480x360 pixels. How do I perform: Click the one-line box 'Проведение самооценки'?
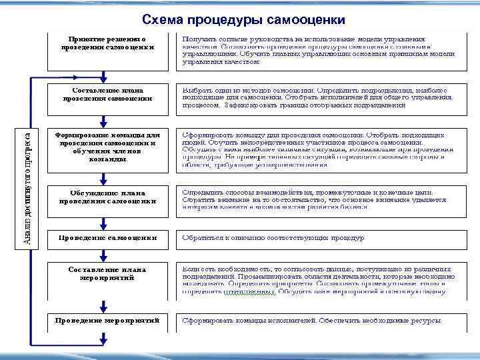107,237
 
